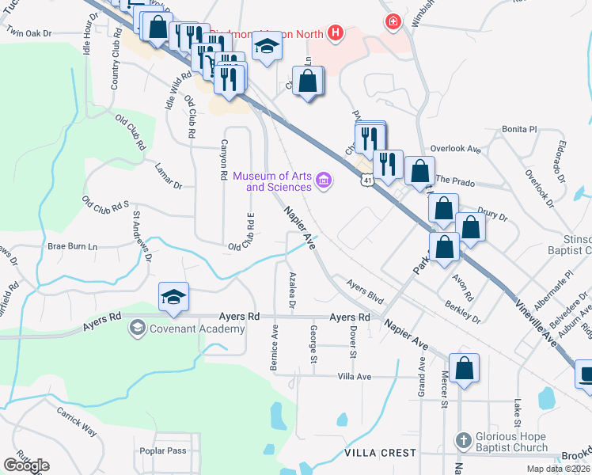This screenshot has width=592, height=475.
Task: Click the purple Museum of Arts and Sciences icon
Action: pyautogui.click(x=323, y=181)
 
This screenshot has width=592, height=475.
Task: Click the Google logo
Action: pyautogui.click(x=26, y=465)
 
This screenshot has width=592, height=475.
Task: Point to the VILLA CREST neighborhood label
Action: pyautogui.click(x=380, y=453)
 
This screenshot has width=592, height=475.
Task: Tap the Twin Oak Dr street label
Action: pyautogui.click(x=28, y=34)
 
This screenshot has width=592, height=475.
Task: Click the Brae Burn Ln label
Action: pyautogui.click(x=72, y=246)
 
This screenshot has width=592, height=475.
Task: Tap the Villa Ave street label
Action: pyautogui.click(x=353, y=376)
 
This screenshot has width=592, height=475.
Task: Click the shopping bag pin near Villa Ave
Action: pyautogui.click(x=464, y=367)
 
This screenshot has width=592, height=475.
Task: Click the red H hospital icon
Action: pyautogui.click(x=336, y=32)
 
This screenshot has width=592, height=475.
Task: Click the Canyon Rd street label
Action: pyautogui.click(x=224, y=164)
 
